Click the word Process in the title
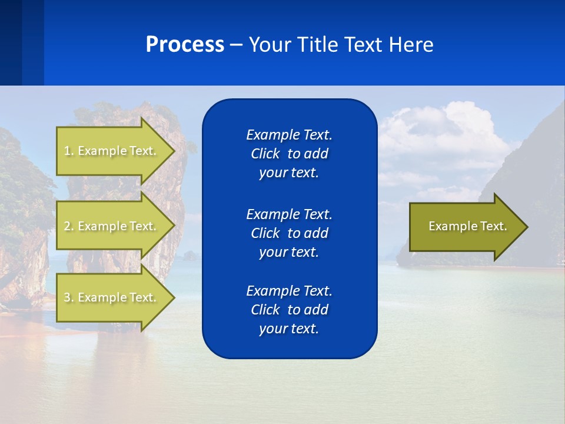pos(185,45)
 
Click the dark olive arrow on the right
pos(465,226)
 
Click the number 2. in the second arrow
pos(68,226)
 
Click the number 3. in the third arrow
pos(68,297)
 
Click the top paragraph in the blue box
pos(289,154)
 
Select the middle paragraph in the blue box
pos(289,233)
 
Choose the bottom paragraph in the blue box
pos(289,310)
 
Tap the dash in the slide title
pos(237,45)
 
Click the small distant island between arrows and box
pos(190,255)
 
